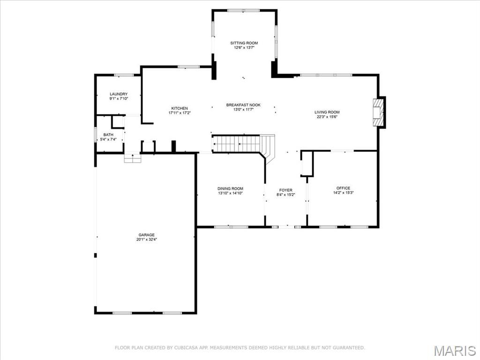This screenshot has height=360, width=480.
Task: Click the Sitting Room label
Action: click(x=244, y=43)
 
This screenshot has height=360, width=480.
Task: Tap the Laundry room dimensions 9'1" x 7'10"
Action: click(x=119, y=98)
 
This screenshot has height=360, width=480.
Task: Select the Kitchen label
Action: click(x=179, y=108)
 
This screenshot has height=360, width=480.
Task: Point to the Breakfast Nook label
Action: click(x=243, y=105)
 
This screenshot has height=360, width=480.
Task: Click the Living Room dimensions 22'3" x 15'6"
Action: click(x=327, y=117)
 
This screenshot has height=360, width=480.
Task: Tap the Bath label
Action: click(x=108, y=135)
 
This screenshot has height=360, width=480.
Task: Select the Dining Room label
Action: click(x=230, y=188)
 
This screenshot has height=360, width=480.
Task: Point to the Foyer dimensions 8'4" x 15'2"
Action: click(x=285, y=195)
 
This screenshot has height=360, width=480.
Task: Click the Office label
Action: click(x=343, y=188)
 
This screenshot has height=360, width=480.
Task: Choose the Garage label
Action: click(x=146, y=235)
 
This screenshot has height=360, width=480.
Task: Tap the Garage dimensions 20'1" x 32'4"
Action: click(x=146, y=240)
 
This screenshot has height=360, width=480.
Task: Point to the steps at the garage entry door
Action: click(x=133, y=158)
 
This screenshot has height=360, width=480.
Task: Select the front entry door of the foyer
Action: click(x=286, y=227)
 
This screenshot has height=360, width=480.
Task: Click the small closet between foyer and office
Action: click(x=307, y=164)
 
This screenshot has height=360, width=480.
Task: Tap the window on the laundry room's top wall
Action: click(x=124, y=75)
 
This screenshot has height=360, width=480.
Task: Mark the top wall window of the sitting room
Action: click(x=244, y=10)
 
